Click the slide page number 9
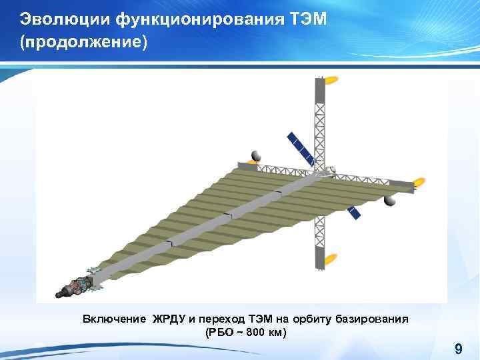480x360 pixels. [x=458, y=349]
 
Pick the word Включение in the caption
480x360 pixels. [x=113, y=319]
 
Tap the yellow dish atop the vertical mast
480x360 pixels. [x=330, y=81]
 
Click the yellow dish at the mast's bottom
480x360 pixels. [x=330, y=259]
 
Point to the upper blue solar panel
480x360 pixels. [x=301, y=147]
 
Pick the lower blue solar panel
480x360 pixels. [x=354, y=212]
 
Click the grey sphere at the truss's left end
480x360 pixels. [x=253, y=156]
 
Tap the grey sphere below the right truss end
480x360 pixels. [x=389, y=201]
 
